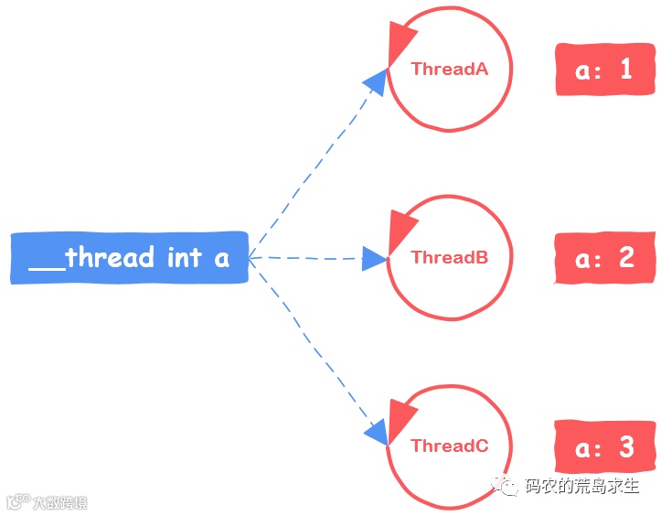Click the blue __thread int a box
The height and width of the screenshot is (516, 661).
pos(129,258)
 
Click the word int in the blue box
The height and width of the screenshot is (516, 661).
pos(184,258)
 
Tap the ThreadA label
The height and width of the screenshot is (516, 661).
pos(449,69)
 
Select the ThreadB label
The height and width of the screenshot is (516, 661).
pos(449,257)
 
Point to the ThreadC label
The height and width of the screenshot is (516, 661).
pos(449,446)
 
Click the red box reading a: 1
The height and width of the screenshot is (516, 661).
pos(605,70)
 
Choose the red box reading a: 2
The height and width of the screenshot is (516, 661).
pos(605,258)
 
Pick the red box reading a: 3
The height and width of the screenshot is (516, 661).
pos(605,446)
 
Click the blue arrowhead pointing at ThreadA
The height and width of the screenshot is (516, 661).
pos(376,81)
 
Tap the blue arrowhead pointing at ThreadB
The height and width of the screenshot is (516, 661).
pos(376,258)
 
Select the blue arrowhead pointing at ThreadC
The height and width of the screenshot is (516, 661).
pos(376,431)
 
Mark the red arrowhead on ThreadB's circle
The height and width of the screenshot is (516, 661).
pos(400,229)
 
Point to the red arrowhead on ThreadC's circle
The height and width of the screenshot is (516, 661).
pos(400,417)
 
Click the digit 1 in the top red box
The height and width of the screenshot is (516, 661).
pos(626,70)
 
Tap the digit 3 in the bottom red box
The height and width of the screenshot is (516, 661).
pos(626,446)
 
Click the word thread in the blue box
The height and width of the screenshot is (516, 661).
pos(109,258)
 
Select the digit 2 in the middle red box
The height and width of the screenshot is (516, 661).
pos(626,258)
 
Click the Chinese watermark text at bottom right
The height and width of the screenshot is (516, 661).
pos(581,487)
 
